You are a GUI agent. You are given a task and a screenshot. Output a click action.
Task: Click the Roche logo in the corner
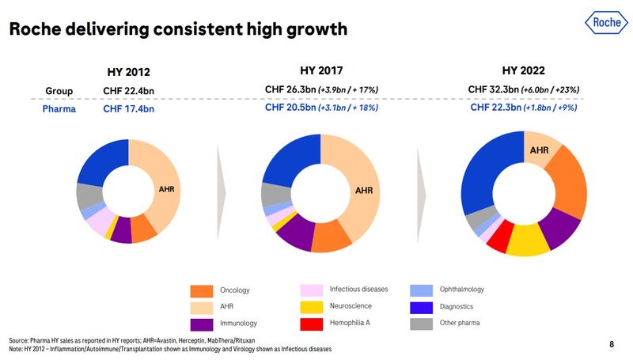[x=605, y=23]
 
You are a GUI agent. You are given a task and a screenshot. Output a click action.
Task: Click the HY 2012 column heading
[x=129, y=71]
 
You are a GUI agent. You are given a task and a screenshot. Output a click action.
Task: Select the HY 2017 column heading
[x=321, y=70]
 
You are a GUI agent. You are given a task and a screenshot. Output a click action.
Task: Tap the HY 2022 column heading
[x=524, y=70]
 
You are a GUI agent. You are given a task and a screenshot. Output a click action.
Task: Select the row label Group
[x=59, y=90]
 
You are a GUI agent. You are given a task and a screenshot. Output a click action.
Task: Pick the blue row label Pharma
[x=59, y=108]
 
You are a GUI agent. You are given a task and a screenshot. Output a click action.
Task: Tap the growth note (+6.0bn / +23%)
[x=555, y=90]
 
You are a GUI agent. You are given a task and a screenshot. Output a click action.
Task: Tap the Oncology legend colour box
[x=203, y=291]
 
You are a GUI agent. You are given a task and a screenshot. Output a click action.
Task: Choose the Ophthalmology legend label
[x=461, y=290]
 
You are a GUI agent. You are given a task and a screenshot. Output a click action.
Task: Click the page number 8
[x=611, y=344]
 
